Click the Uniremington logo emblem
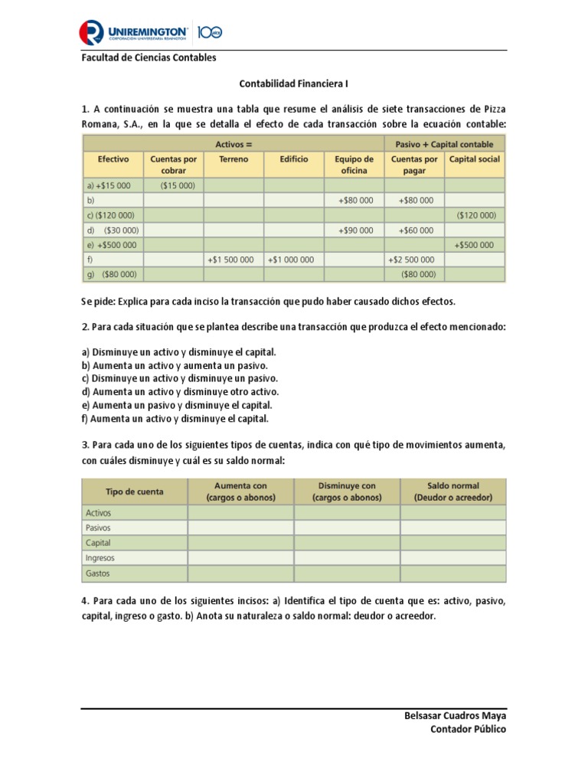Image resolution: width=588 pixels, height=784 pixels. click(93, 32)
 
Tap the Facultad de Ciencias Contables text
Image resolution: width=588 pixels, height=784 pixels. click(149, 58)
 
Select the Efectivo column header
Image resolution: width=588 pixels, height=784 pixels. click(113, 159)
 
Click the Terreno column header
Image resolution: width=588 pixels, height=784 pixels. click(234, 159)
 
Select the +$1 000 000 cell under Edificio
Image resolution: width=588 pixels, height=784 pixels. click(293, 260)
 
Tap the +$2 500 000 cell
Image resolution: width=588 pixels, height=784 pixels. click(414, 260)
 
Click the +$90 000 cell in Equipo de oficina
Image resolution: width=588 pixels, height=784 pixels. click(354, 230)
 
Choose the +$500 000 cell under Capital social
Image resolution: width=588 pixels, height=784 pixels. click(475, 245)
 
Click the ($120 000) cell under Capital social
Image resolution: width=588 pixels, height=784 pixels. click(475, 215)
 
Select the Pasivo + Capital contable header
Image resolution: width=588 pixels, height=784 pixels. click(444, 144)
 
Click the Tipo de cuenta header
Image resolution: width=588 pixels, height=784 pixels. click(135, 491)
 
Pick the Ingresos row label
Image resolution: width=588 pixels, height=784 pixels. click(100, 558)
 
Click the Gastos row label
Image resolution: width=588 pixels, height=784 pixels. click(98, 573)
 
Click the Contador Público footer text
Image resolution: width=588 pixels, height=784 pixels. click(468, 730)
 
